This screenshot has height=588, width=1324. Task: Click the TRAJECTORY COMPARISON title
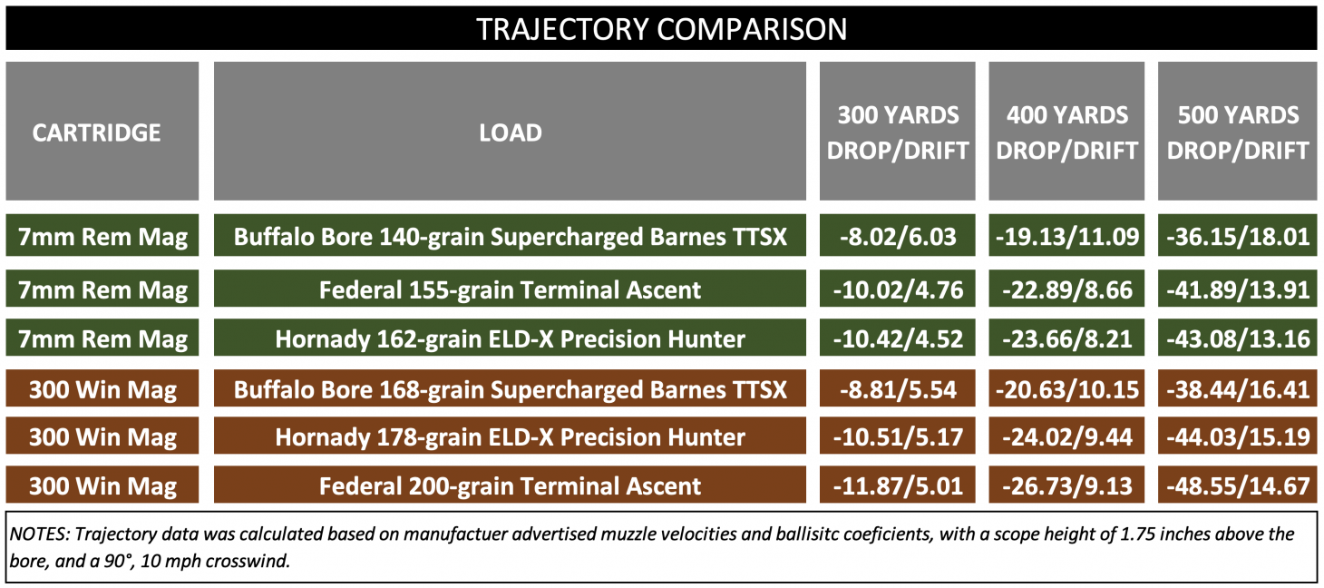(661, 28)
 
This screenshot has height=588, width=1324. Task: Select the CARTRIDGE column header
(97, 132)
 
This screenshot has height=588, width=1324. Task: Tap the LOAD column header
(510, 132)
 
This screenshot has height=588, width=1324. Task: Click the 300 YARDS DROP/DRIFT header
(898, 132)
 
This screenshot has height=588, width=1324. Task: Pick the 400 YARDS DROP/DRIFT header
(1066, 132)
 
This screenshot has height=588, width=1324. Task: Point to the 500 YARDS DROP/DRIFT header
(1238, 132)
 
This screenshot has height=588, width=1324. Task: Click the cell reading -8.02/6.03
(898, 238)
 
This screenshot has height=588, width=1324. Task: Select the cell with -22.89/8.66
(1066, 290)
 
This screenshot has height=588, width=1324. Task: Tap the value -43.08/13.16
(1238, 339)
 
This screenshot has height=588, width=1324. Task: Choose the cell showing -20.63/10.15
(1066, 390)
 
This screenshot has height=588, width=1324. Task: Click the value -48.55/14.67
(1238, 485)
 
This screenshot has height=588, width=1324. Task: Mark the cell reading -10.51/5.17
(898, 437)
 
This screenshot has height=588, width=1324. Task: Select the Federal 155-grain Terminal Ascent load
(510, 290)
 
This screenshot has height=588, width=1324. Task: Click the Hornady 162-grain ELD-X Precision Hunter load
(510, 339)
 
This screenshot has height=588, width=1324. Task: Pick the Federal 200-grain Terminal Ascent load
(510, 485)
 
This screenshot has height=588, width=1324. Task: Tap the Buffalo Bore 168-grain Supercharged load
(510, 390)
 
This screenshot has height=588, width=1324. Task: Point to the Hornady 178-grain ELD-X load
(510, 437)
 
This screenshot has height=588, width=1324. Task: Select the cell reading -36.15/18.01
(1238, 238)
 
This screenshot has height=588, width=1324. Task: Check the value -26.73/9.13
(1066, 485)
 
